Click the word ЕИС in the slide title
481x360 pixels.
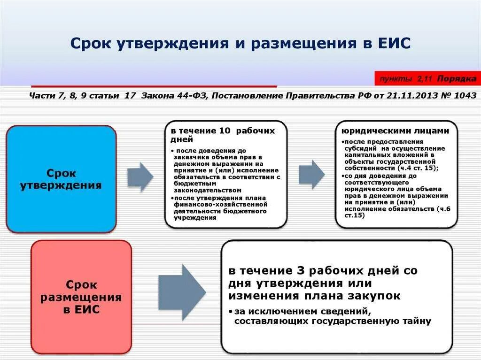(x=393, y=43)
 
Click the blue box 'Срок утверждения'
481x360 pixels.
(x=61, y=179)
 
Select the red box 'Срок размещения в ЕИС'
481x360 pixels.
(x=81, y=297)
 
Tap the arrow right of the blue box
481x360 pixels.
(x=140, y=176)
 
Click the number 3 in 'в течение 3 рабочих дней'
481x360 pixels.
(x=288, y=271)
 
